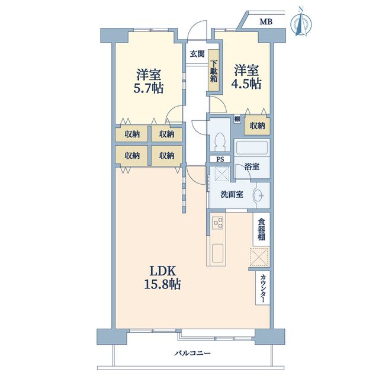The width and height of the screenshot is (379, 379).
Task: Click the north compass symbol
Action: click(x=301, y=23)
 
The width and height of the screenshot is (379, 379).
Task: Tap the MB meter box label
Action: click(x=266, y=22)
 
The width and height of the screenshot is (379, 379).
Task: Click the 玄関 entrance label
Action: click(x=197, y=54)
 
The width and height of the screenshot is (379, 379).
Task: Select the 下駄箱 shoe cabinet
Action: click(x=214, y=70)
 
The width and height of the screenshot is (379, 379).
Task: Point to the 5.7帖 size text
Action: click(x=149, y=88)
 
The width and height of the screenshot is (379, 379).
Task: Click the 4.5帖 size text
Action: click(x=246, y=84)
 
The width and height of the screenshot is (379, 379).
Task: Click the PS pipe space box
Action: click(x=220, y=159)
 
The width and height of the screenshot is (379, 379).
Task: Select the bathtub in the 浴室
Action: click(x=252, y=147)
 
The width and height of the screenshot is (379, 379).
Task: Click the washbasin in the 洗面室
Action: click(x=259, y=195)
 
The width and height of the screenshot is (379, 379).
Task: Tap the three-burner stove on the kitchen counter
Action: click(x=218, y=223)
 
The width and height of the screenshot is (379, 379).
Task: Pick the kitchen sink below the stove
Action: click(x=217, y=253)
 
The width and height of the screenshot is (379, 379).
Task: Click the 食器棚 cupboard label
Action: click(x=261, y=229)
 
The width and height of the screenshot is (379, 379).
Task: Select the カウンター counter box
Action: click(x=263, y=288)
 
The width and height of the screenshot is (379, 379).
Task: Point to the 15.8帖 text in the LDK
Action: click(x=162, y=284)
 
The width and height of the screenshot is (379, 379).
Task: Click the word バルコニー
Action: click(x=192, y=354)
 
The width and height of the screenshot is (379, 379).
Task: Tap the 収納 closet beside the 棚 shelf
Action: click(x=257, y=126)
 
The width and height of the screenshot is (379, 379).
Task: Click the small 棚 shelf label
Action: click(x=237, y=119)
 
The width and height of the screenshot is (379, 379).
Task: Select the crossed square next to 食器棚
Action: click(x=259, y=256)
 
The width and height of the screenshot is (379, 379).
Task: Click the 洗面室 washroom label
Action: click(x=232, y=195)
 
